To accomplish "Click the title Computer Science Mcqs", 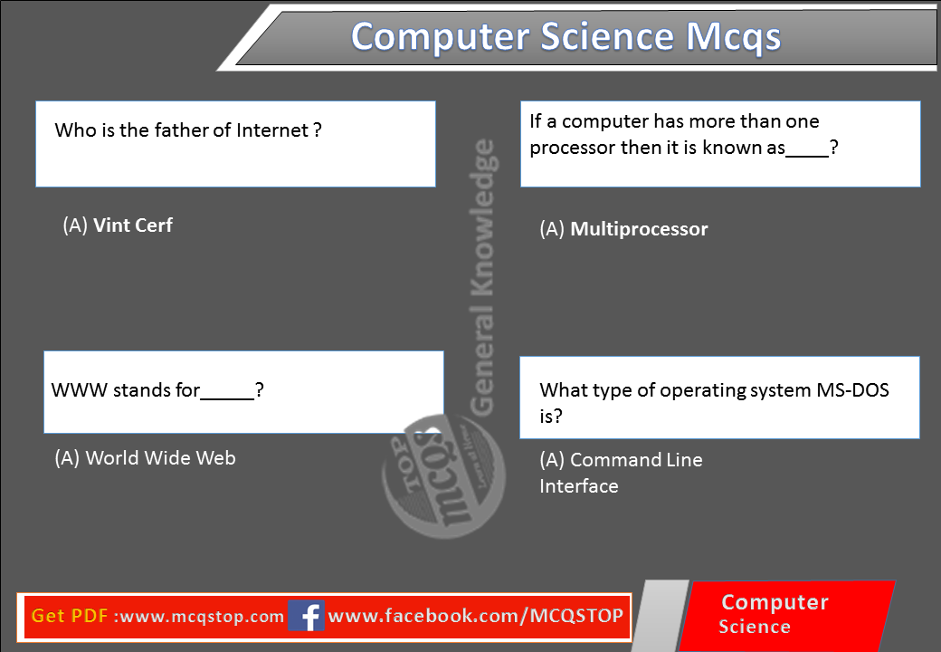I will coord(566,37).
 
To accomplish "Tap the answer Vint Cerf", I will coord(132,225).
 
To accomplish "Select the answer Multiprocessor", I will coord(638,229).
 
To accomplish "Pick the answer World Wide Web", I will coord(160,458).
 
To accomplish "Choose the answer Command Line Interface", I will coord(621,473).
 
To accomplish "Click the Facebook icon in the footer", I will coord(307,617).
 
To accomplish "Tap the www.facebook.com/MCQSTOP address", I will coord(475,617).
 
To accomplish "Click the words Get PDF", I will coord(71,617).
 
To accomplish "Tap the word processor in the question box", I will coord(572,149).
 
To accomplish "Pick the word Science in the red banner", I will coord(755,627).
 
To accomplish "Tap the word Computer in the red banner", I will coord(775,603).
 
